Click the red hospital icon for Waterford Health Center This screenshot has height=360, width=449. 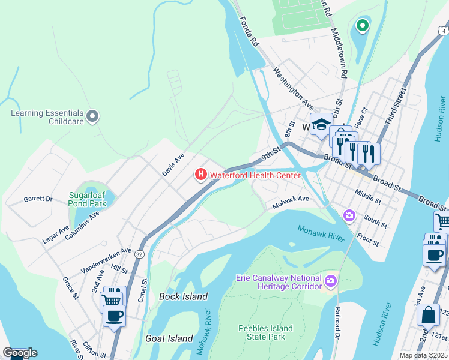[x=201, y=175]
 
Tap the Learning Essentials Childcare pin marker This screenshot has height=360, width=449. [x=92, y=116]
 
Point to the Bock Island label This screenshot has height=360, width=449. [x=183, y=296]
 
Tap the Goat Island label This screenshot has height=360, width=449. [x=169, y=338]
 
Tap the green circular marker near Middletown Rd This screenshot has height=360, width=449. [x=361, y=25]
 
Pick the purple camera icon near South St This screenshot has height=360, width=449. [x=349, y=215]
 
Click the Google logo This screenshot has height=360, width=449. [x=20, y=353]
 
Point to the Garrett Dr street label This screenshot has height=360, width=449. [x=38, y=199]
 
